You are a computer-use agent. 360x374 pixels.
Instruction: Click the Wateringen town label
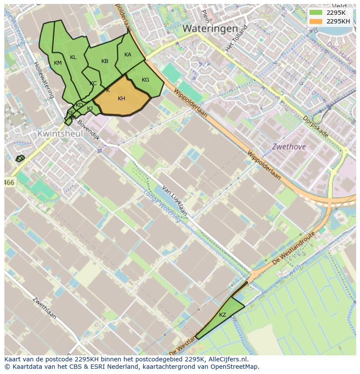click(210, 29)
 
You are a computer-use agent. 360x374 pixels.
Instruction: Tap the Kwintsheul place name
click(60, 134)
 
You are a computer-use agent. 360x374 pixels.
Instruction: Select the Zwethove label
click(289, 147)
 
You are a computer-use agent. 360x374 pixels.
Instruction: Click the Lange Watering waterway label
click(162, 203)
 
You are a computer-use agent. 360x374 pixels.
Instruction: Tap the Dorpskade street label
click(315, 126)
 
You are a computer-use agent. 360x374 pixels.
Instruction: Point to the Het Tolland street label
click(236, 37)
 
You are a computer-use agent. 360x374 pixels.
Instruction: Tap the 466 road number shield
click(10, 183)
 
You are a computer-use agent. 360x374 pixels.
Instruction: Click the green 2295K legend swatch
click(316, 13)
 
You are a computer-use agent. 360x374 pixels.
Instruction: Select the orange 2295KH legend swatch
click(316, 21)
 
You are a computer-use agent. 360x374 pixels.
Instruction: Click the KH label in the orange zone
click(121, 99)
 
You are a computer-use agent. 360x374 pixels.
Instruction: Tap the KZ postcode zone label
click(222, 315)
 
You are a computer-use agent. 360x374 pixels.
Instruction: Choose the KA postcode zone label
click(128, 55)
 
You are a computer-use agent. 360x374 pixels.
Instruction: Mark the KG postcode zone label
click(145, 80)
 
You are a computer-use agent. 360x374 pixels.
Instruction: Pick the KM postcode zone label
click(58, 63)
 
